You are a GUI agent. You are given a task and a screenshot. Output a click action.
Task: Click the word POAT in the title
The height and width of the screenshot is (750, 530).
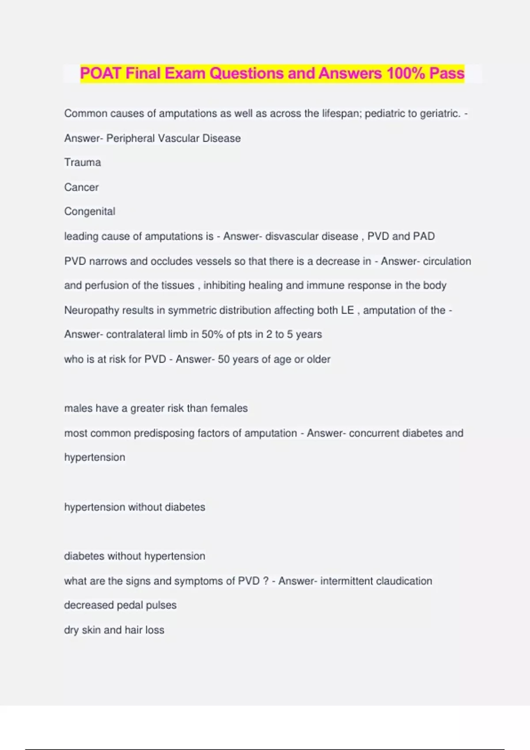[101, 73]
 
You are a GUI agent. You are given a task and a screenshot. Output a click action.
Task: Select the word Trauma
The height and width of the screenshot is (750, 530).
[83, 162]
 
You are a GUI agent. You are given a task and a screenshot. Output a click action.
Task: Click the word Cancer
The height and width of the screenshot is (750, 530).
[81, 187]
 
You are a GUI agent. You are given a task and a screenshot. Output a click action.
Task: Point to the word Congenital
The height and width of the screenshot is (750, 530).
[90, 211]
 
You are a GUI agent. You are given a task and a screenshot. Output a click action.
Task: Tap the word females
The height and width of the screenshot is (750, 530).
[229, 408]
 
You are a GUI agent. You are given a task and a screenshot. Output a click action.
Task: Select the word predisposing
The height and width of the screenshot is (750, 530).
[164, 433]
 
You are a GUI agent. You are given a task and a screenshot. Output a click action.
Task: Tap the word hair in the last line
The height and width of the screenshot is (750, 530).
[134, 630]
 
